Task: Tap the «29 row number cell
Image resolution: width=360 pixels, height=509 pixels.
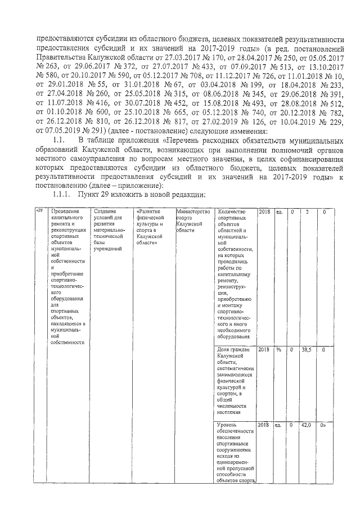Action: [39, 211]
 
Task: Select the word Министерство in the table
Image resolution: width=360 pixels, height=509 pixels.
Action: [192, 211]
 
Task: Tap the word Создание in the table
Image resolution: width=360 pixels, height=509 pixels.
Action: [105, 211]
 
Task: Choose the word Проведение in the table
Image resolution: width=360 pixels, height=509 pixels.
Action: [65, 211]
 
